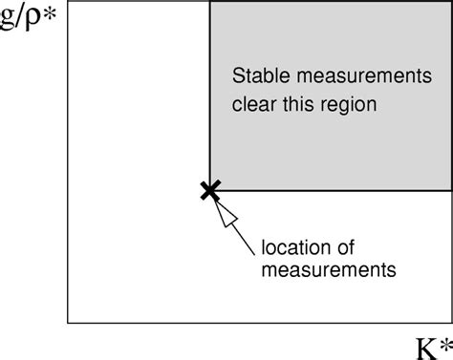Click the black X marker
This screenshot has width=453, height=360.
pyautogui.click(x=209, y=190)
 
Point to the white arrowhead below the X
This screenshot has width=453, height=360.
pyautogui.click(x=225, y=212)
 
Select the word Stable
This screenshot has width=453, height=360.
pyautogui.click(x=258, y=74)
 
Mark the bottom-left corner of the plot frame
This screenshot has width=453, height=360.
pyautogui.click(x=68, y=323)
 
